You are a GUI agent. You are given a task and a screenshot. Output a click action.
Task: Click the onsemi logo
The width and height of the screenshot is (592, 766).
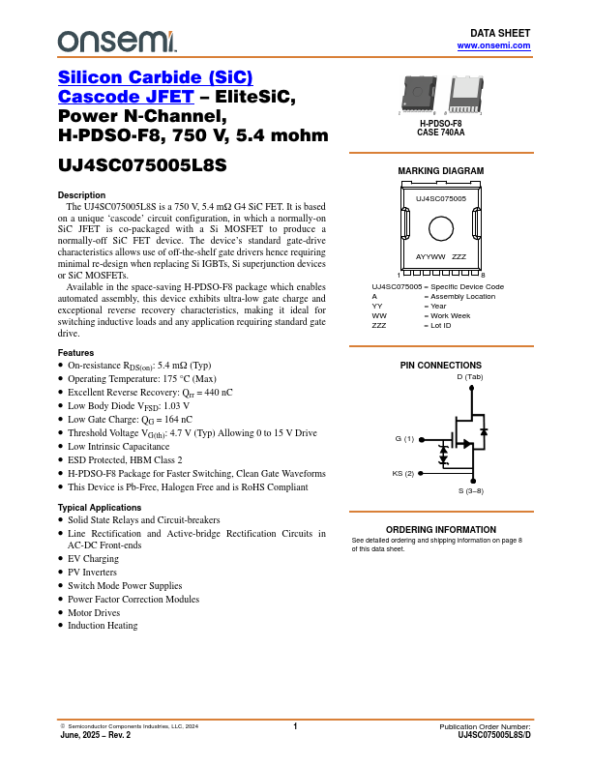[117, 41]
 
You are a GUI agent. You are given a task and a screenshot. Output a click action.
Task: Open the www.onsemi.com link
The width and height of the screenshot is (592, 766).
[493, 45]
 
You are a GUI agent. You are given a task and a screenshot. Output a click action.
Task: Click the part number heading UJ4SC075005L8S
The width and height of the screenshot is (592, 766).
[142, 164]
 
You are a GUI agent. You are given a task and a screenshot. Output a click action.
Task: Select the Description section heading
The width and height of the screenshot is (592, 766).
[82, 195]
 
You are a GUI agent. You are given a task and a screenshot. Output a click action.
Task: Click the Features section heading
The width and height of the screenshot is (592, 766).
[76, 352]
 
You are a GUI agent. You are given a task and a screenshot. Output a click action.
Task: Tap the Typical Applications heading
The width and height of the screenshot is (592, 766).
[100, 507]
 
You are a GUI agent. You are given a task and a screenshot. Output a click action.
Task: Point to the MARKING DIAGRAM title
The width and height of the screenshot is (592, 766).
[441, 171]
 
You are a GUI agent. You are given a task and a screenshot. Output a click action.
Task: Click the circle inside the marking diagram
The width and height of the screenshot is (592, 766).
[441, 229]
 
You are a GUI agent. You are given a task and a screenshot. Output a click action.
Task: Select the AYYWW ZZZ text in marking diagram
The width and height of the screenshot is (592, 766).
[441, 257]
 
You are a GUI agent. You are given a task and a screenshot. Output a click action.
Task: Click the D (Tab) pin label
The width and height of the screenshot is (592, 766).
[469, 376]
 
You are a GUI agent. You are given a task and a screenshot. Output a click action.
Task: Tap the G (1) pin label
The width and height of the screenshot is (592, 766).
[404, 438]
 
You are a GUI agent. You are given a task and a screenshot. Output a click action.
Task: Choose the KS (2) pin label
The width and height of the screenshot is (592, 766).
[402, 473]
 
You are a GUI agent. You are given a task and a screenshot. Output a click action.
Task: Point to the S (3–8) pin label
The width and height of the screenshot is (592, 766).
[471, 491]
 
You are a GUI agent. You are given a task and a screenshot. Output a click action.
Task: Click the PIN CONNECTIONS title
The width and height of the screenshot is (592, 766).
[441, 365]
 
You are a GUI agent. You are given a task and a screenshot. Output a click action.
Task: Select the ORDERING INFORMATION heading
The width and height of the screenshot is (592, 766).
[441, 530]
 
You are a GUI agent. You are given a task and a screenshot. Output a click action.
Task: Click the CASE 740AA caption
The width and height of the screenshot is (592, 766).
[441, 133]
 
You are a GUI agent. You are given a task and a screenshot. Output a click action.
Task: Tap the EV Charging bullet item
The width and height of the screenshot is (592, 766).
[94, 559]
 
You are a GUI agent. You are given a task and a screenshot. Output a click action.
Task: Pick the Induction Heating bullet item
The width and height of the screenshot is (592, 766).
[103, 626]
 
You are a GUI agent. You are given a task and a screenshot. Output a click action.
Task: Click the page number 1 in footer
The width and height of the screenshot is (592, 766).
[295, 725]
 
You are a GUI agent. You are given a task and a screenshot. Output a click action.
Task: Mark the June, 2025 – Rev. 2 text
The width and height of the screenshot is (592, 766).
[95, 735]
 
